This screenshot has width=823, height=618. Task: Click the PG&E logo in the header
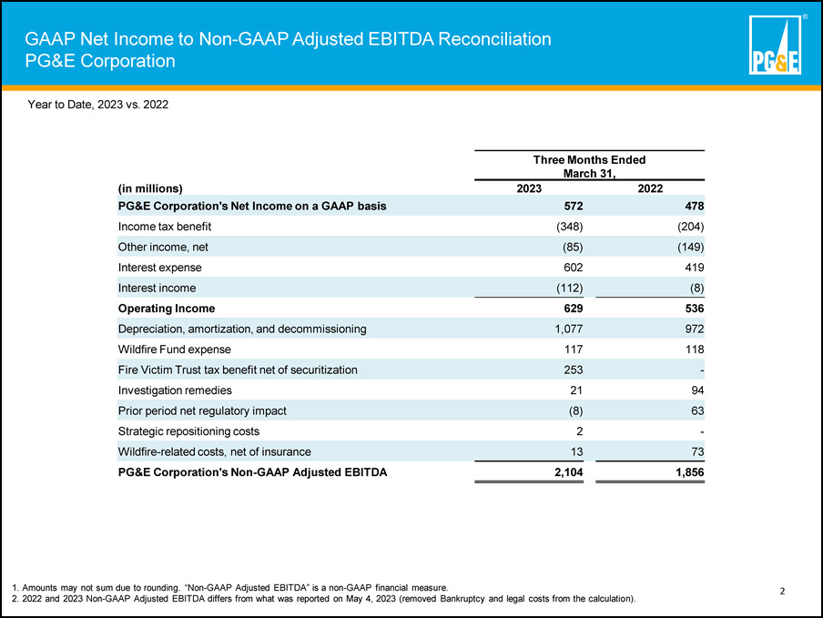pos(775,45)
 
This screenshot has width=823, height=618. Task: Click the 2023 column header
pos(529,189)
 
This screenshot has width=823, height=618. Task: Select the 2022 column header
pos(650,189)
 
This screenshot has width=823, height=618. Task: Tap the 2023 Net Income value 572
pos(574,207)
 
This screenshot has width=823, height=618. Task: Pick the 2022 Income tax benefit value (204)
pos(690,227)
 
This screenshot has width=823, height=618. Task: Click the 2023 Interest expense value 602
pos(574,268)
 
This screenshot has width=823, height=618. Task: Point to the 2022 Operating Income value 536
pos(695,309)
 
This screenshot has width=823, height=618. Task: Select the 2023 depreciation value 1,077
pos(569,329)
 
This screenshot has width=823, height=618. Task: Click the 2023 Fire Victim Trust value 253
pos(574,370)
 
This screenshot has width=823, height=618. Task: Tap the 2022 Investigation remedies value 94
pos(697,390)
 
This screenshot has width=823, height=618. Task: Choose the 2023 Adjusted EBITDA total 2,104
pos(569,472)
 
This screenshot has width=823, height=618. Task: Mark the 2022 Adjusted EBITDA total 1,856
pos(690,472)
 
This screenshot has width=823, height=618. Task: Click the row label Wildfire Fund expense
pos(174,350)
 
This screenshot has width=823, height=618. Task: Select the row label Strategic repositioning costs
pos(188,431)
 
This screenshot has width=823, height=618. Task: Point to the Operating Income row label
pos(167,309)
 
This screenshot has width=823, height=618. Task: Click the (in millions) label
pos(150,189)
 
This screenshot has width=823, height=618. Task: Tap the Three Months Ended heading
pos(589,160)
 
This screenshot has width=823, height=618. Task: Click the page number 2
pos(782,592)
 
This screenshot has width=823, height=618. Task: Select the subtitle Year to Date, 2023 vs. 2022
pos(98,105)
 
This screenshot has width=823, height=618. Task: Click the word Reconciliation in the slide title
pos(494,39)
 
